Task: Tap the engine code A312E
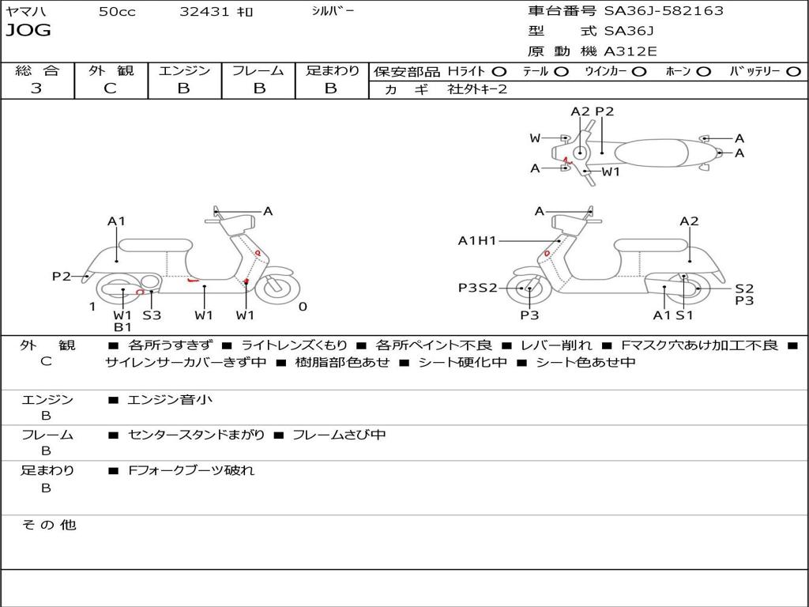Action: (x=630, y=51)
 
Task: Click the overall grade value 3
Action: (x=36, y=89)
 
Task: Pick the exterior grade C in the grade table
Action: (x=111, y=89)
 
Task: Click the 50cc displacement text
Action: (x=117, y=12)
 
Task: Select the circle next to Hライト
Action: (x=499, y=71)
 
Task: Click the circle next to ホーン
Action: (x=704, y=71)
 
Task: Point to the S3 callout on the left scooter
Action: (x=152, y=315)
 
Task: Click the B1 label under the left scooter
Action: (x=122, y=327)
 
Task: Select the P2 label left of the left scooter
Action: (x=62, y=276)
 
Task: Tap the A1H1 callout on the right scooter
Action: (x=477, y=241)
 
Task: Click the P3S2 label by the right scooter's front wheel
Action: (x=478, y=288)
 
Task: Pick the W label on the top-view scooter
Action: (x=535, y=138)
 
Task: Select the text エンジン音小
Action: (x=170, y=400)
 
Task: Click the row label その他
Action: (x=48, y=525)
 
